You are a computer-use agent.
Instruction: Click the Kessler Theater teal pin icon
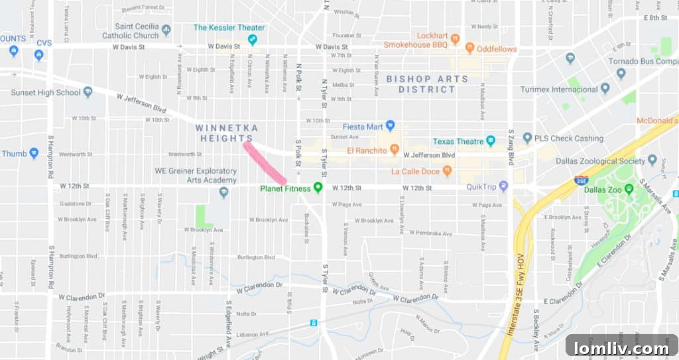[252, 40]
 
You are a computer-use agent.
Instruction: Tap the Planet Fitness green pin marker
[318, 188]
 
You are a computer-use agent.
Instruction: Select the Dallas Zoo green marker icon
[629, 188]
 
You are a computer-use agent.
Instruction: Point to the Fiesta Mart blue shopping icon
[391, 126]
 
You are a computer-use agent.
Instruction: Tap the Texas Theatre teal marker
[491, 141]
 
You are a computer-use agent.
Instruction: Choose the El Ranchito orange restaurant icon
[394, 150]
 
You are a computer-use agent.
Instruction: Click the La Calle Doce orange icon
[447, 172]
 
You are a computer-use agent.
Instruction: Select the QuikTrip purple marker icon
[503, 186]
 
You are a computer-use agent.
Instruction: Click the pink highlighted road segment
[265, 162]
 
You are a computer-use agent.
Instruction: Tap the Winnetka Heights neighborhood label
[227, 132]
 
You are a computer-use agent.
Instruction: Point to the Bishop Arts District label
[427, 84]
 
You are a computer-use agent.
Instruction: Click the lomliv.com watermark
[622, 347]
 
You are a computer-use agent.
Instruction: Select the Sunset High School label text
[45, 92]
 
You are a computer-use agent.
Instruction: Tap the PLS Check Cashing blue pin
[527, 139]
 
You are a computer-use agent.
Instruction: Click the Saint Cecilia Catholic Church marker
[166, 30]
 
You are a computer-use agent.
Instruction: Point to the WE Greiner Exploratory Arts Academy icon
[224, 192]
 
